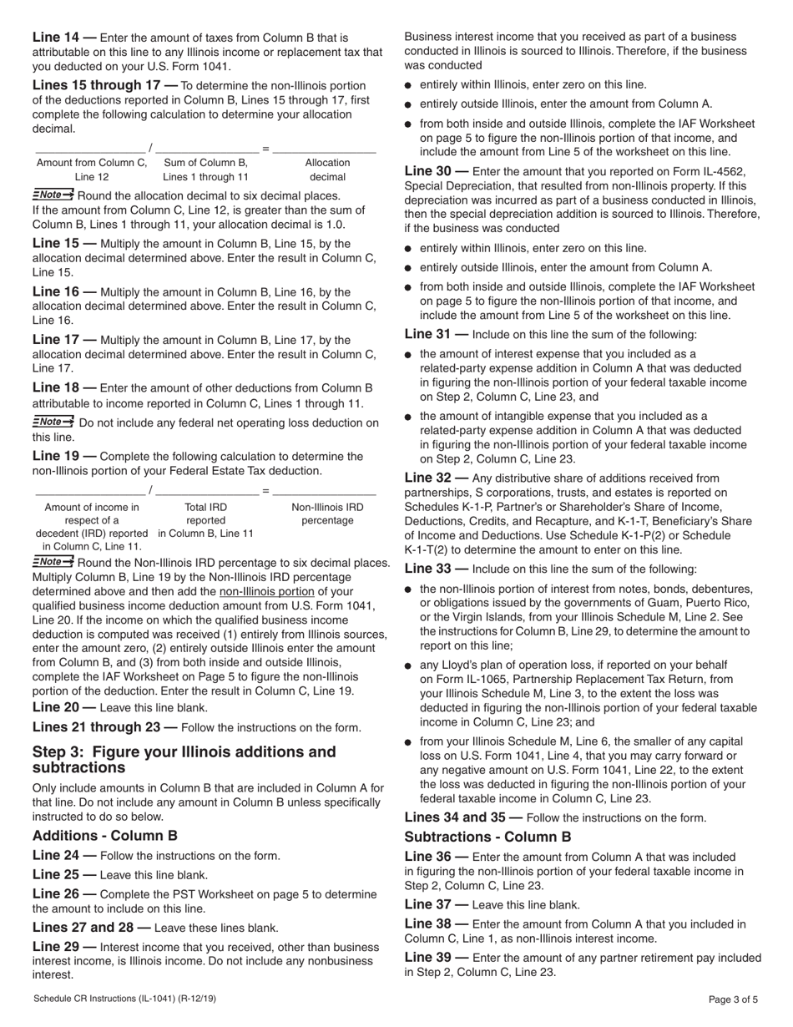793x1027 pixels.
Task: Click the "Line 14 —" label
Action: click(64, 38)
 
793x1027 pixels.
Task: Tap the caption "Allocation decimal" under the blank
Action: click(327, 169)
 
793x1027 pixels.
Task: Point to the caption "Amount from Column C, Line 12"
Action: click(92, 169)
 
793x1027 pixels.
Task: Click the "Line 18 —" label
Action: click(64, 388)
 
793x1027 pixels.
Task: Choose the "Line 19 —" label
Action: click(64, 457)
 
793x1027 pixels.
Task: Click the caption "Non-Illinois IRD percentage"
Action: click(327, 513)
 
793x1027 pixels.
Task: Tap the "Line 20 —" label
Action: click(64, 706)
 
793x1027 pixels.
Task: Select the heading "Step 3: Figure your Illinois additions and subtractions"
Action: click(184, 760)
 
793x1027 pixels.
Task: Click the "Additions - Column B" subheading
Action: click(104, 835)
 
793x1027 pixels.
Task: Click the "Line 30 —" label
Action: click(437, 170)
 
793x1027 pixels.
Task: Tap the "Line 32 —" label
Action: click(437, 478)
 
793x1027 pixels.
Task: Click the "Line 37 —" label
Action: click(437, 904)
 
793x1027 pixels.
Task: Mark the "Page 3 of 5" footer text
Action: click(733, 999)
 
